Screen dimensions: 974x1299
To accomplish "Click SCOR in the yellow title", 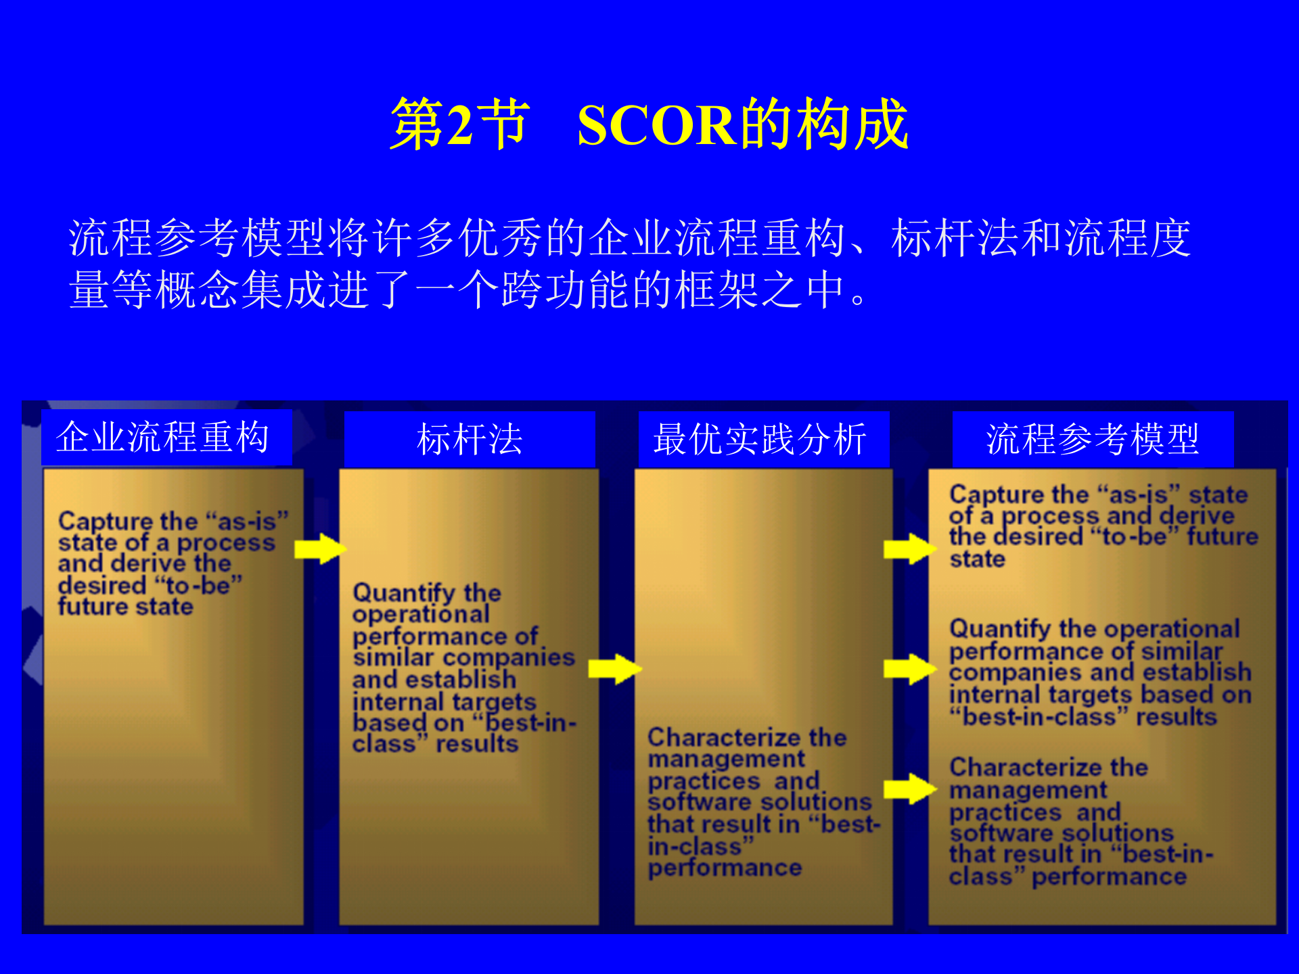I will point(656,126).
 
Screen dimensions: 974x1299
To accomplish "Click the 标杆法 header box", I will point(470,440).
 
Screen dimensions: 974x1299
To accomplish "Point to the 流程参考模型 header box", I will point(1093,440).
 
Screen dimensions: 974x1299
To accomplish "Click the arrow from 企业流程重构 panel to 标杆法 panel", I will point(320,549).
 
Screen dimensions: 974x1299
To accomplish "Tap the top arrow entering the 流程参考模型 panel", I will point(909,549).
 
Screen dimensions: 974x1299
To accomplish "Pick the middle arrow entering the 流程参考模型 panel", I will point(909,669).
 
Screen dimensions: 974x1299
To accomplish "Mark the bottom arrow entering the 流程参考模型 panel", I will point(909,788).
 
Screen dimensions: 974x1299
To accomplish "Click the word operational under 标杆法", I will point(420,614).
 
